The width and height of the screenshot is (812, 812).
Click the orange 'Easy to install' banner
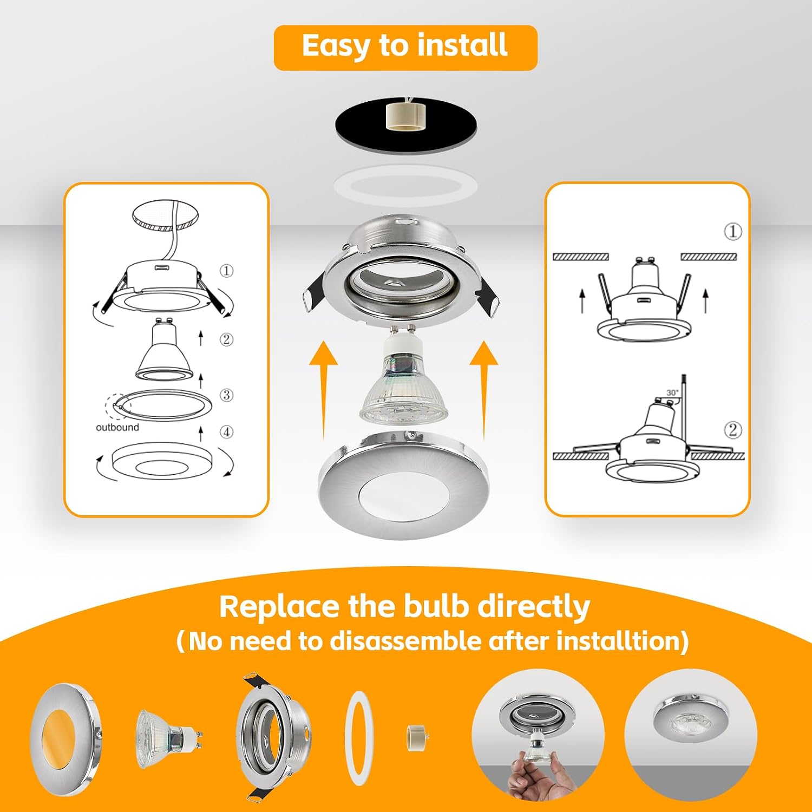click(405, 48)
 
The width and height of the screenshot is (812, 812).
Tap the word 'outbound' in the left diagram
click(117, 428)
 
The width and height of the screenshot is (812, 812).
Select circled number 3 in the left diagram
click(226, 395)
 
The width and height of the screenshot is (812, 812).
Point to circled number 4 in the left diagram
click(226, 432)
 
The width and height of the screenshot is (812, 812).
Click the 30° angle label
click(672, 393)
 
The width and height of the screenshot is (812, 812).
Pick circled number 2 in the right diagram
click(733, 430)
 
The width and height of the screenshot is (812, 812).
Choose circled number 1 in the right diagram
click(733, 232)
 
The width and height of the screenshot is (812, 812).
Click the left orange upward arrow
click(324, 390)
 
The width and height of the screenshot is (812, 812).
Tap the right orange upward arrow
click(484, 390)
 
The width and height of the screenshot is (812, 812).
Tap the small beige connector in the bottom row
click(416, 738)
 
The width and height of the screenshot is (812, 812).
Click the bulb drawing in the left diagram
click(164, 350)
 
